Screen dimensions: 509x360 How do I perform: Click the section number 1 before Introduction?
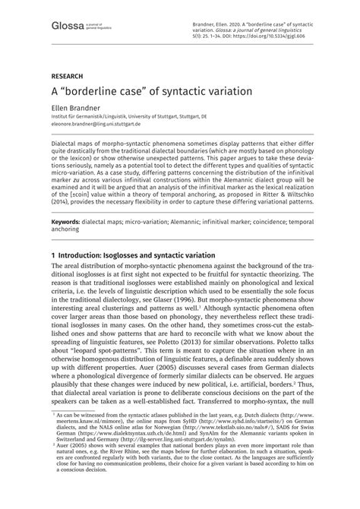coord(53,233)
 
